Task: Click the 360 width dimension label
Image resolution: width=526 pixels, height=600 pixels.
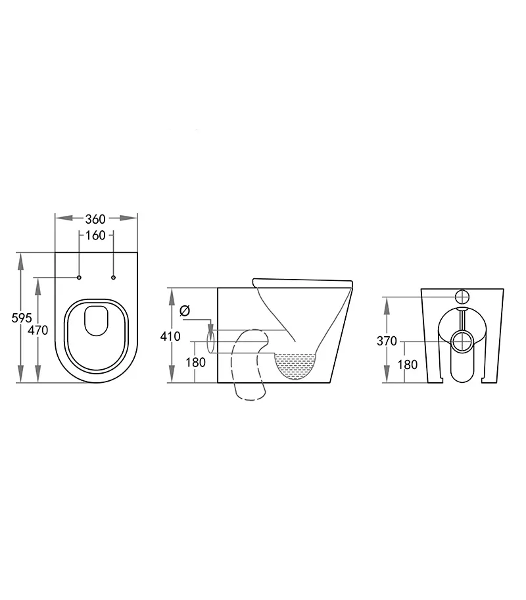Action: pyautogui.click(x=95, y=219)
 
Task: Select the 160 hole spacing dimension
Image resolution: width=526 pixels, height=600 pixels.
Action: pyautogui.click(x=95, y=235)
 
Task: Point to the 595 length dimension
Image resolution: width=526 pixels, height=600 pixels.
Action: pyautogui.click(x=22, y=318)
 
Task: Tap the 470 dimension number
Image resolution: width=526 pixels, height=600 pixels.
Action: pyautogui.click(x=39, y=330)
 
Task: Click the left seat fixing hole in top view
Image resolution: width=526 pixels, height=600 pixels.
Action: pyautogui.click(x=79, y=278)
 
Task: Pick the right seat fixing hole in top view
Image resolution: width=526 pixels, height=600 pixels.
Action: pyautogui.click(x=113, y=278)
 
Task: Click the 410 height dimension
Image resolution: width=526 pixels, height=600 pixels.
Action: pyautogui.click(x=170, y=336)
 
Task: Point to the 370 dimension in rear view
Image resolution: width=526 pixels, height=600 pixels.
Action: pyautogui.click(x=387, y=341)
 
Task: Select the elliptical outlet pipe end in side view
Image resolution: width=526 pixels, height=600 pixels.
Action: pyautogui.click(x=211, y=342)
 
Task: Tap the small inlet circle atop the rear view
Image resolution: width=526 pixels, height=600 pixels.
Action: pyautogui.click(x=462, y=296)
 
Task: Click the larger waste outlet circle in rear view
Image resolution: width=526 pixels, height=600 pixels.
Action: pyautogui.click(x=462, y=341)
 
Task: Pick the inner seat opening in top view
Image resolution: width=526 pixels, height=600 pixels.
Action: pyautogui.click(x=96, y=320)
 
